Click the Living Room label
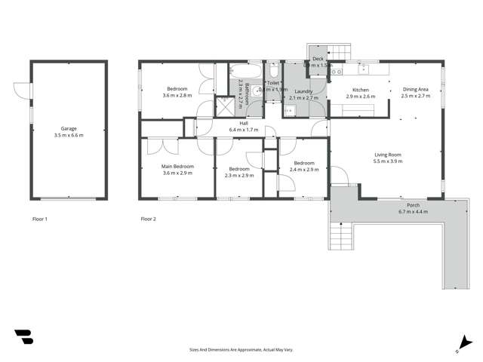[388, 155]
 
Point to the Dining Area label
[416, 88]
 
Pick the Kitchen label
[360, 89]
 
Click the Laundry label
[304, 90]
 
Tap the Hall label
[244, 122]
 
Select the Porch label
[412, 205]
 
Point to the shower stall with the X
[226, 106]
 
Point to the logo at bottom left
[23, 337]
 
